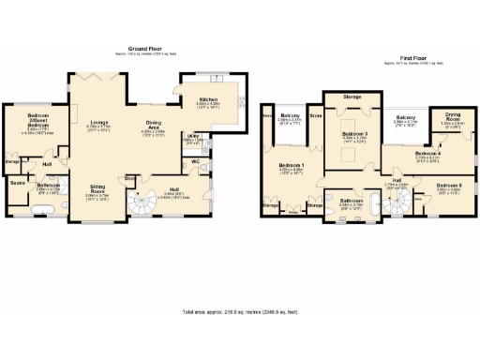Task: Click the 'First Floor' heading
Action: click(x=401, y=58)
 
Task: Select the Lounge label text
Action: click(x=98, y=123)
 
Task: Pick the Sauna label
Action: click(x=17, y=183)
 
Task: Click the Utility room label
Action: click(x=193, y=137)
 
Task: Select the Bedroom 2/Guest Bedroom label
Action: click(x=37, y=121)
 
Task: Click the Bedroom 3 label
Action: click(x=352, y=134)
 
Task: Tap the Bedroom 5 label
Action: click(x=448, y=185)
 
